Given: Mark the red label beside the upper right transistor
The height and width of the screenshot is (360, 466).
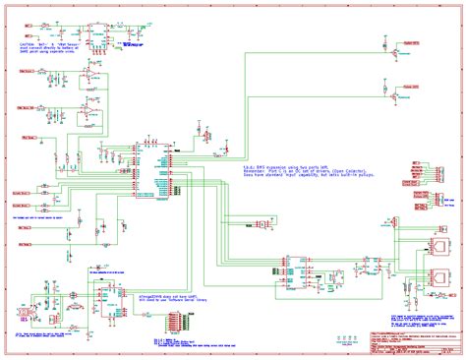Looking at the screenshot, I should tap(415, 44).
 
